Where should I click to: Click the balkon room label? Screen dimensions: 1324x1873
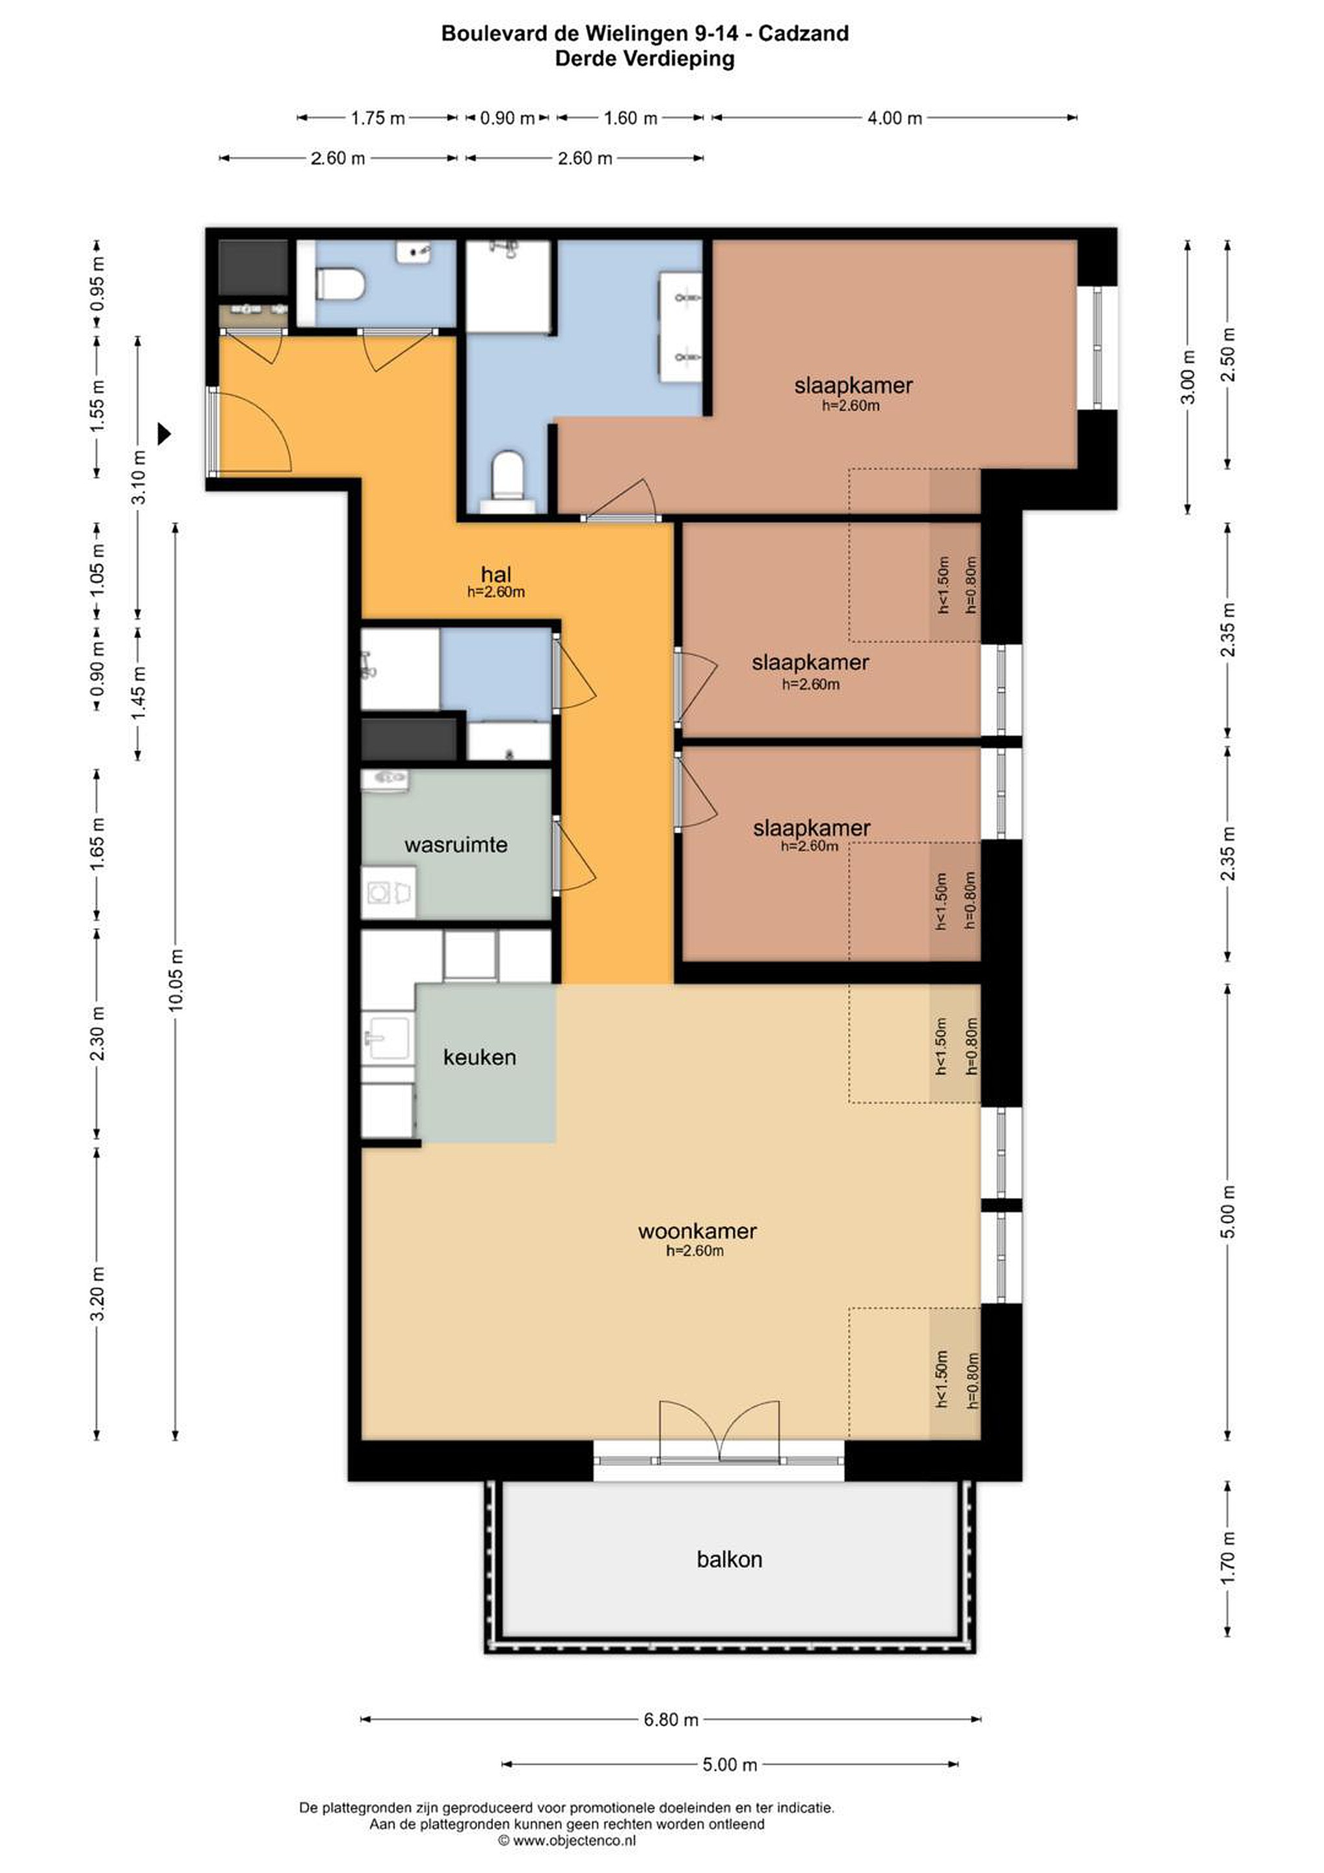728,1559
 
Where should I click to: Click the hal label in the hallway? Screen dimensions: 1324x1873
496,574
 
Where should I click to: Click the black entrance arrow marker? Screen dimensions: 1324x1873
164,433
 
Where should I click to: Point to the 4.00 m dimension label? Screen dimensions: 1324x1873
894,118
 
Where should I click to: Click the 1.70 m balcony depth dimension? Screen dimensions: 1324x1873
1228,1558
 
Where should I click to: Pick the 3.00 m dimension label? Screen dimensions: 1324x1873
1188,377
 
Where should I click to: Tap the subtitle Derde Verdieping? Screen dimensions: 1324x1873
644,59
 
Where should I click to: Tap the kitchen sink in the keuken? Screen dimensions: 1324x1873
386,1038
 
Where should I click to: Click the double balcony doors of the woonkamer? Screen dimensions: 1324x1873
719,1433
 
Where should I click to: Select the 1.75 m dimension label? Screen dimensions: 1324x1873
378,118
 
